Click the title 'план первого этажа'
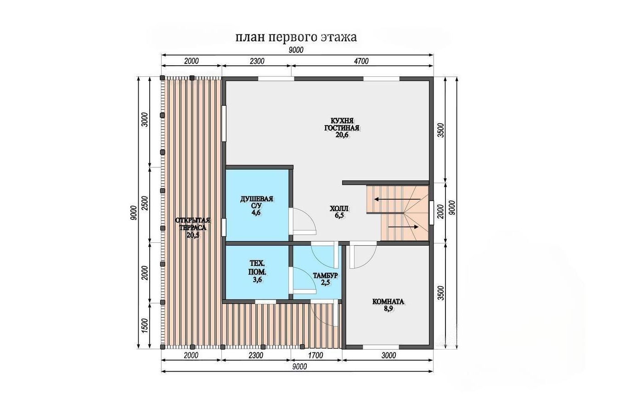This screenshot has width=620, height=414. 296,37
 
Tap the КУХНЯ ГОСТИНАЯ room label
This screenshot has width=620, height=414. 342,124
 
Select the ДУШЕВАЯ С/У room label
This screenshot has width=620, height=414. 257,202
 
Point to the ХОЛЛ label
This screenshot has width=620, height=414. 339,208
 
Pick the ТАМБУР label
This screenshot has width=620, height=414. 325,276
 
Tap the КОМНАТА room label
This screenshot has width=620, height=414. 389,301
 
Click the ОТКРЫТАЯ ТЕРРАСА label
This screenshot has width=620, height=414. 193,224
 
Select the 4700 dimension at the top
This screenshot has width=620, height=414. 361,61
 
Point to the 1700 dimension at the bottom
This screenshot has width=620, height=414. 316,355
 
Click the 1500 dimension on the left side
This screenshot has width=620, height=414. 145,326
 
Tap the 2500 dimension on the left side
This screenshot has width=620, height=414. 145,203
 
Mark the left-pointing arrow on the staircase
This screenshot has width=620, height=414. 397,199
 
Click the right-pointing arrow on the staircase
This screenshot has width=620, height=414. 403,227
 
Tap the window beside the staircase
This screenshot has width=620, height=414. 431,213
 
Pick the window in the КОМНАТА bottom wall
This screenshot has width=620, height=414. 381,347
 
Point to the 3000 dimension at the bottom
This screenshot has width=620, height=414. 389,355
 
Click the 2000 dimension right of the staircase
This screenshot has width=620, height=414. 441,212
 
